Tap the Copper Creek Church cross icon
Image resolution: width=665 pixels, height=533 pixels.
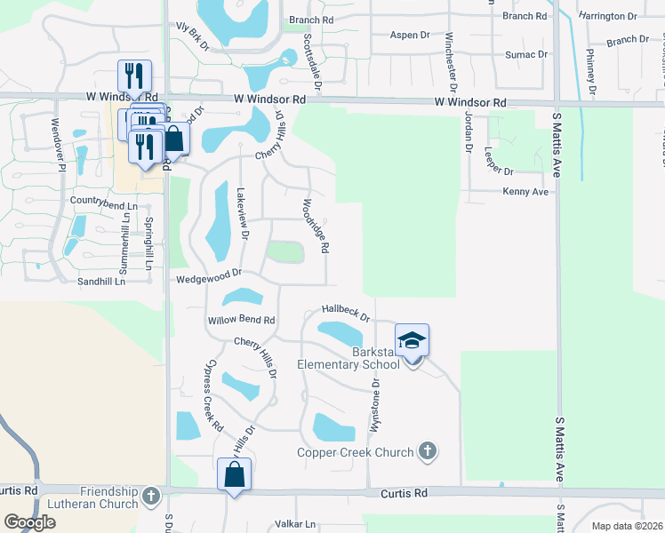coord(428,451)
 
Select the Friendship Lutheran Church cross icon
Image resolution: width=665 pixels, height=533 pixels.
coord(150,495)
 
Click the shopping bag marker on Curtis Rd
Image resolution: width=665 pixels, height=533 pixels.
coord(235,475)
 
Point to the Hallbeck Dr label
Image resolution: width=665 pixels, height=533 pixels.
coord(345,310)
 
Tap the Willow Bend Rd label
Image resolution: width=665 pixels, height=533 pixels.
coord(241,320)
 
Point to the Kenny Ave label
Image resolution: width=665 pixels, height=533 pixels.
coord(525,192)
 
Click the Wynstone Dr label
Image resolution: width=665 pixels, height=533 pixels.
coord(375,405)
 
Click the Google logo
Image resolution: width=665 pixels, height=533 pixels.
coord(30,522)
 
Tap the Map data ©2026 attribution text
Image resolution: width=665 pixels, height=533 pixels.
coord(626,526)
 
